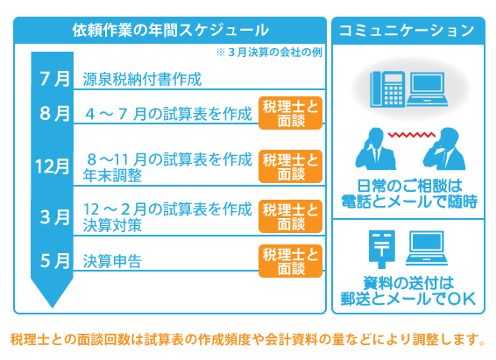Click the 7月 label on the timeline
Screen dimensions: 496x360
(54, 79)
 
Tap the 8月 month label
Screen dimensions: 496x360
(54, 114)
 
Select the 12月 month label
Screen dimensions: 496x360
(53, 166)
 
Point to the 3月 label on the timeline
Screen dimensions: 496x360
(54, 217)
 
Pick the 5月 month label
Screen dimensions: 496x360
(54, 261)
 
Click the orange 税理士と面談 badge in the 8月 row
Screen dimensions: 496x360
(290, 113)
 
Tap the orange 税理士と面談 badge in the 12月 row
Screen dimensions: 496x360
(290, 166)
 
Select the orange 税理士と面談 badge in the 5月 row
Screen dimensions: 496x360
(290, 261)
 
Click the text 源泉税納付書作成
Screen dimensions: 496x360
(142, 79)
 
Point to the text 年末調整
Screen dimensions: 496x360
(112, 176)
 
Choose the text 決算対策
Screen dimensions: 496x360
(112, 226)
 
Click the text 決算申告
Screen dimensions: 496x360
(112, 261)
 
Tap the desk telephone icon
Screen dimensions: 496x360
(387, 88)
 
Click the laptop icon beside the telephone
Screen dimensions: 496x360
(427, 88)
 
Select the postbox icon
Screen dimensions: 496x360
(382, 249)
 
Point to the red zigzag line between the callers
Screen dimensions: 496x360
(412, 135)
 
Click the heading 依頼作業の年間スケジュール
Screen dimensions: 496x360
(171, 31)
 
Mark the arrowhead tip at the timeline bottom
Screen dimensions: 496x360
(53, 307)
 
